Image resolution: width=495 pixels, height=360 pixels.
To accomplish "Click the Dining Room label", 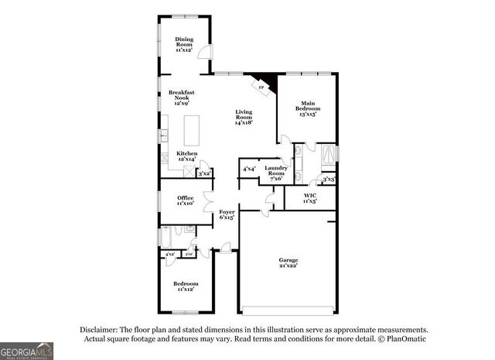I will pyautogui.click(x=183, y=44).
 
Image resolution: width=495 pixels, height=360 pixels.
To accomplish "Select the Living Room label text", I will pyautogui.click(x=244, y=117).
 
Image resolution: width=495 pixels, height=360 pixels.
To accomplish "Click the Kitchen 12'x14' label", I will pyautogui.click(x=187, y=156).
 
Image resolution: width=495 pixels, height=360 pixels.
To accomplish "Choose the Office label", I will pyautogui.click(x=184, y=200).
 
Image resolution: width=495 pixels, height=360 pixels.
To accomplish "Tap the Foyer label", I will pyautogui.click(x=227, y=214).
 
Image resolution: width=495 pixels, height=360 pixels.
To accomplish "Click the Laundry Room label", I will pyautogui.click(x=276, y=172).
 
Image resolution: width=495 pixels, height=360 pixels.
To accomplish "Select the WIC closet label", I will pyautogui.click(x=309, y=198).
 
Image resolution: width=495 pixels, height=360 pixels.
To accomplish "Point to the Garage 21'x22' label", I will pyautogui.click(x=288, y=262).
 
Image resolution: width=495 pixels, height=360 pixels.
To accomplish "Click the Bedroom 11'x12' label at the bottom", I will pyautogui.click(x=186, y=286).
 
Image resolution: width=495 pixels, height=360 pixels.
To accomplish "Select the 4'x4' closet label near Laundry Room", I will pyautogui.click(x=249, y=169).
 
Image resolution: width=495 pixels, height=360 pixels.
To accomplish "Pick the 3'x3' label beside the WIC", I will pyautogui.click(x=329, y=180).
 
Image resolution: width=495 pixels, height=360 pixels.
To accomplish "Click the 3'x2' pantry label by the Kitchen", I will pyautogui.click(x=205, y=175).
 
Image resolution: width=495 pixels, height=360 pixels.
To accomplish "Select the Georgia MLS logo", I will pyautogui.click(x=27, y=350).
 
